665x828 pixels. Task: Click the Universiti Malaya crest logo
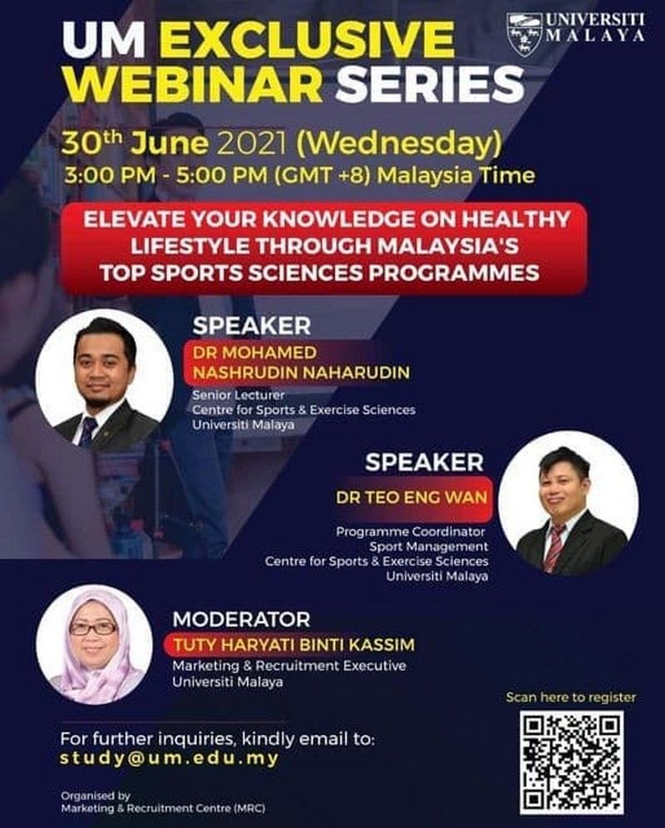point(525,34)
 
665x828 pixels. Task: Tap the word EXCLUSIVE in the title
point(307,40)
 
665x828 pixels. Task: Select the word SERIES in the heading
point(430,85)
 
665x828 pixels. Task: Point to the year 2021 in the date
point(252,143)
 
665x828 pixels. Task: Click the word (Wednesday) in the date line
point(399,144)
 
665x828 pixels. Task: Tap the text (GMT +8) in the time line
point(322,175)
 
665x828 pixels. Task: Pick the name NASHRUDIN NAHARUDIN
point(301,372)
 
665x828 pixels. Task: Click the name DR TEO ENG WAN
point(411,497)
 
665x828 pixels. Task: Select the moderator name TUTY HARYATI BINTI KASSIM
point(294,645)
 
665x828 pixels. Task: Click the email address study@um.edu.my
point(169,758)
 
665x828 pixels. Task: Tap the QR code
point(572,762)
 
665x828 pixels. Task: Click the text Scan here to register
point(571,697)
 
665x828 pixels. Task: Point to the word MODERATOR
point(241,619)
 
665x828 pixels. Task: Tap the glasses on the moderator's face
point(93,628)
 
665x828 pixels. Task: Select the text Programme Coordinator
point(411,531)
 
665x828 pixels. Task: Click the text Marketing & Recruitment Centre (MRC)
point(163,808)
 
